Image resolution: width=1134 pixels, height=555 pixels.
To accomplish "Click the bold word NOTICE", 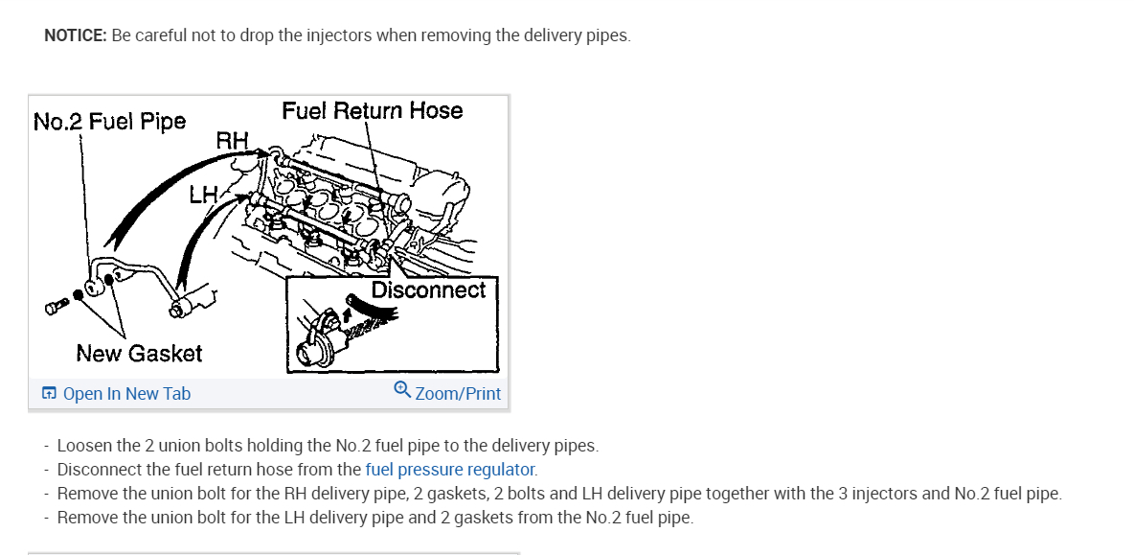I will point(76,36).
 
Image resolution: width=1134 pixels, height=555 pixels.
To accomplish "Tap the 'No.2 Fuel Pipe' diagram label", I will point(109,123).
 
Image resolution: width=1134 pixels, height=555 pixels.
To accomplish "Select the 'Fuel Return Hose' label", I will point(372,111).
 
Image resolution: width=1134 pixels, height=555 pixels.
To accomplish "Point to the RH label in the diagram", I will point(233,142).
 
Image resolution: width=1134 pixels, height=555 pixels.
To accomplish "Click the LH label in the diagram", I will point(204,196).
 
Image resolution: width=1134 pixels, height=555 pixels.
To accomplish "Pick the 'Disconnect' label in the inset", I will point(428,289).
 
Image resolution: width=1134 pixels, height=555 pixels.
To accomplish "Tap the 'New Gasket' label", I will point(139,354).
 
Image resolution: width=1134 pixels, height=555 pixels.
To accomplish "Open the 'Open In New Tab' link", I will point(126,394).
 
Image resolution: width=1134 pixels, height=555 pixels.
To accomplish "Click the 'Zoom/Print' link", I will point(458,394).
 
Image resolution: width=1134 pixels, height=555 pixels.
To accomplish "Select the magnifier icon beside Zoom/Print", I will point(402,390).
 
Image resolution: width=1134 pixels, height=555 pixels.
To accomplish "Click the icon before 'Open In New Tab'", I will point(49,394).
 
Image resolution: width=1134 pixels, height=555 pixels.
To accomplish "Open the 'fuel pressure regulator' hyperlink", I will point(449,470).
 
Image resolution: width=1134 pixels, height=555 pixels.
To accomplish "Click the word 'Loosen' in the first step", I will point(83,446).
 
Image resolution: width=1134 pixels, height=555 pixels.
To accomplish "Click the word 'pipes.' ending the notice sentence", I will point(609,36).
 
